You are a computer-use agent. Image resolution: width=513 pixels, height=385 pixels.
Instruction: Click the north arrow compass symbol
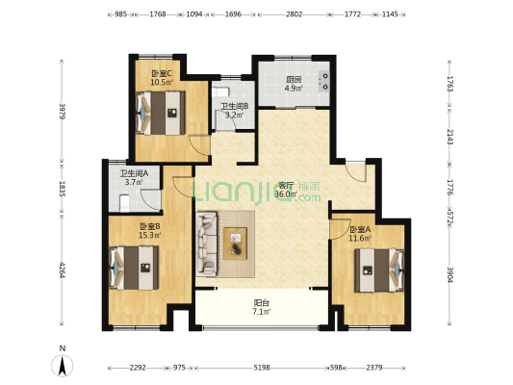pyautogui.click(x=63, y=366)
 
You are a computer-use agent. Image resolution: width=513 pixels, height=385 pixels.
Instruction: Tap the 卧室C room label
pyautogui.click(x=162, y=73)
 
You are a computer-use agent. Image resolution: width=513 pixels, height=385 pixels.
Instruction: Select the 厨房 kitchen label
pyautogui.click(x=294, y=80)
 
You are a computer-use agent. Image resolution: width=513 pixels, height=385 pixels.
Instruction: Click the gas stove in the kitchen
pyautogui.click(x=324, y=81)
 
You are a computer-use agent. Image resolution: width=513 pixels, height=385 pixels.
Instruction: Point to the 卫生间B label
pyautogui.click(x=235, y=106)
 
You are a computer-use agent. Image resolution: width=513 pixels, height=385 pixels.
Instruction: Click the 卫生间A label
pyautogui.click(x=134, y=173)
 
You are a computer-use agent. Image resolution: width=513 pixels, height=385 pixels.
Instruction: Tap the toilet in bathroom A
pyautogui.click(x=124, y=203)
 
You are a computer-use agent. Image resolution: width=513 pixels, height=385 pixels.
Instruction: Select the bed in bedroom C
pyautogui.click(x=161, y=113)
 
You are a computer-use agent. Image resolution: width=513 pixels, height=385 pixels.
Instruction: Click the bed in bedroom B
pyautogui.click(x=134, y=268)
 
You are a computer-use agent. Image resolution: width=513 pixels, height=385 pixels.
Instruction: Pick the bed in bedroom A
pyautogui.click(x=379, y=270)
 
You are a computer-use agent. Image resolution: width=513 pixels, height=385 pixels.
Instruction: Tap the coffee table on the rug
pyautogui.click(x=235, y=244)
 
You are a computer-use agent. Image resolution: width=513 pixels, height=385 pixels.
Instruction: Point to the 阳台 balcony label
pyautogui.click(x=262, y=303)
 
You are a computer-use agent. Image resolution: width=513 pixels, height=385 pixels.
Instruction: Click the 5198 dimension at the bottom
pyautogui.click(x=262, y=368)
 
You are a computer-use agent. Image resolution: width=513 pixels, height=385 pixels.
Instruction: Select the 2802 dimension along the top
pyautogui.click(x=295, y=14)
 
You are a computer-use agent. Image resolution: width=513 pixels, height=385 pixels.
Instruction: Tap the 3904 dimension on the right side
pyautogui.click(x=450, y=273)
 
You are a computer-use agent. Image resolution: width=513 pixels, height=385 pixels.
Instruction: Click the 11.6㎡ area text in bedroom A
pyautogui.click(x=360, y=238)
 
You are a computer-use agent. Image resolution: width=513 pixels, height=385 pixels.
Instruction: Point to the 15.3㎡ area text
pyautogui.click(x=150, y=235)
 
